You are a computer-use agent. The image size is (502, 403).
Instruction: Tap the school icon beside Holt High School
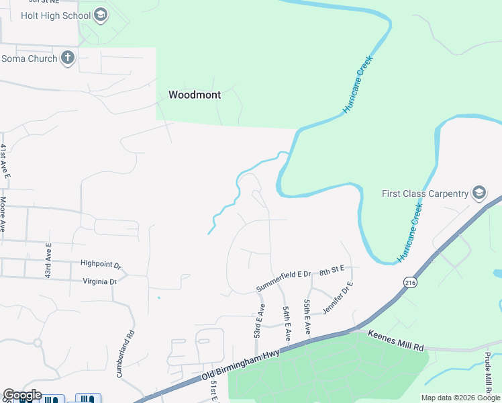pos(101,15)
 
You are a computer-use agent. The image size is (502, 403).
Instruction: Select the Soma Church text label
pos(28,58)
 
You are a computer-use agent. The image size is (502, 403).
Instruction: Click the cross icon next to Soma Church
pos(67,58)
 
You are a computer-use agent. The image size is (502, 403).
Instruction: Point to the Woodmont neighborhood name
pos(194,95)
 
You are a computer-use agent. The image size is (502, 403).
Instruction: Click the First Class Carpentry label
pos(425,193)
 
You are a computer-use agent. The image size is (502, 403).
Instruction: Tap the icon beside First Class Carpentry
pos(479,193)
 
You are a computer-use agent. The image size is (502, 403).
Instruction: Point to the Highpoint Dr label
pos(100,264)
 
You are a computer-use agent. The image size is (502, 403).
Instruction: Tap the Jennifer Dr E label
pos(338,298)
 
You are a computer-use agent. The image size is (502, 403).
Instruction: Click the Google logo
pos(22,395)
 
